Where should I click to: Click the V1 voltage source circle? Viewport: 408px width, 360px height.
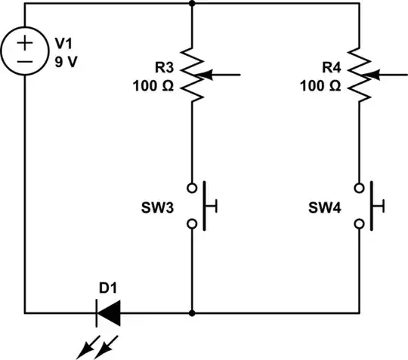(x=25, y=51)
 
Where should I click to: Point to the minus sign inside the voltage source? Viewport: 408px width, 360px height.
(x=25, y=61)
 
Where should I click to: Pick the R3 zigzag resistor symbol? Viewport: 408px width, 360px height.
(x=193, y=75)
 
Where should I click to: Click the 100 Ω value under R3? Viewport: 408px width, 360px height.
(x=153, y=85)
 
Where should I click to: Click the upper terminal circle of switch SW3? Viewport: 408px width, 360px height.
(x=193, y=186)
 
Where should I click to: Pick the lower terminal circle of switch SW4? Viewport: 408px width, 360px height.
(x=360, y=223)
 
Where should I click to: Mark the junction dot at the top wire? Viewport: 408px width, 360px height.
(x=193, y=4)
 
